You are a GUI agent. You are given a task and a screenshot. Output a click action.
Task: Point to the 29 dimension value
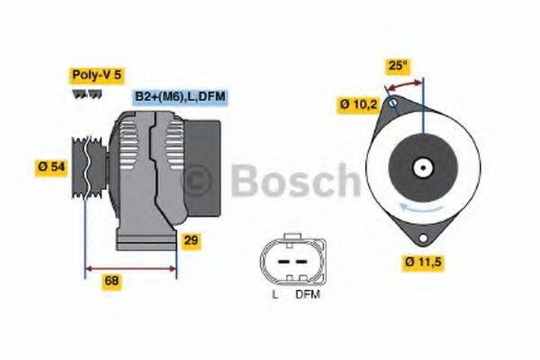[191, 240]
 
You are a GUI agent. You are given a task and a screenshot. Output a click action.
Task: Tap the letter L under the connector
[274, 294]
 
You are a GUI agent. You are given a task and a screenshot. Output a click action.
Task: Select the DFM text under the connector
[308, 294]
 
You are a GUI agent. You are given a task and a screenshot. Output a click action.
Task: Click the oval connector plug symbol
[289, 260]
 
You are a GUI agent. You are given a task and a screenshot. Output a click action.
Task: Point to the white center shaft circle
[420, 167]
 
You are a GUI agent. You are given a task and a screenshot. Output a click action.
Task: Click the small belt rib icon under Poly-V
[83, 94]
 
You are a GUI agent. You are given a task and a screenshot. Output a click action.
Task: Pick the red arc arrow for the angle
[404, 85]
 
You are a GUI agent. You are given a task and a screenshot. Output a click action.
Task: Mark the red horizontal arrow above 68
[130, 268]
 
